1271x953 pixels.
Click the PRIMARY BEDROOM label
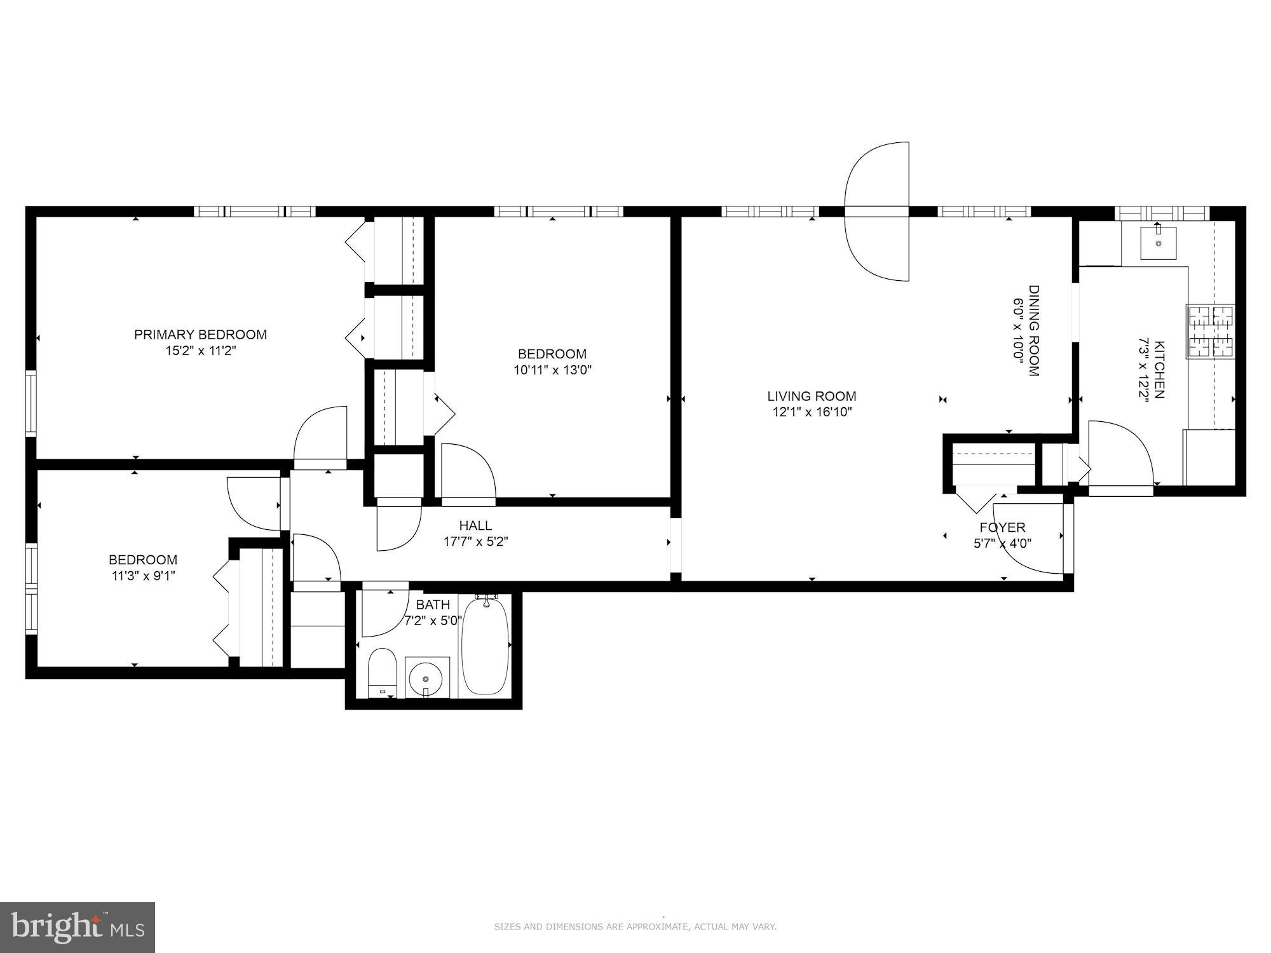[200, 335]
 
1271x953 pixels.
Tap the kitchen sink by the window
[1158, 243]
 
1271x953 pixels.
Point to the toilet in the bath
[383, 672]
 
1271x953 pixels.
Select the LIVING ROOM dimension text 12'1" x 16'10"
[812, 412]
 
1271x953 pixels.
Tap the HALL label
[475, 525]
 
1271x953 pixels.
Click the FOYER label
[1002, 527]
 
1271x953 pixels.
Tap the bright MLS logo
[78, 928]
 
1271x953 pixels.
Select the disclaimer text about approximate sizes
[635, 927]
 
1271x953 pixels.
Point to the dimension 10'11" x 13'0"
[552, 370]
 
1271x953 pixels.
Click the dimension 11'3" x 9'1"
[142, 576]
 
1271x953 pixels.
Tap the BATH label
[433, 604]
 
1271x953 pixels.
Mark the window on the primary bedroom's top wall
[255, 211]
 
